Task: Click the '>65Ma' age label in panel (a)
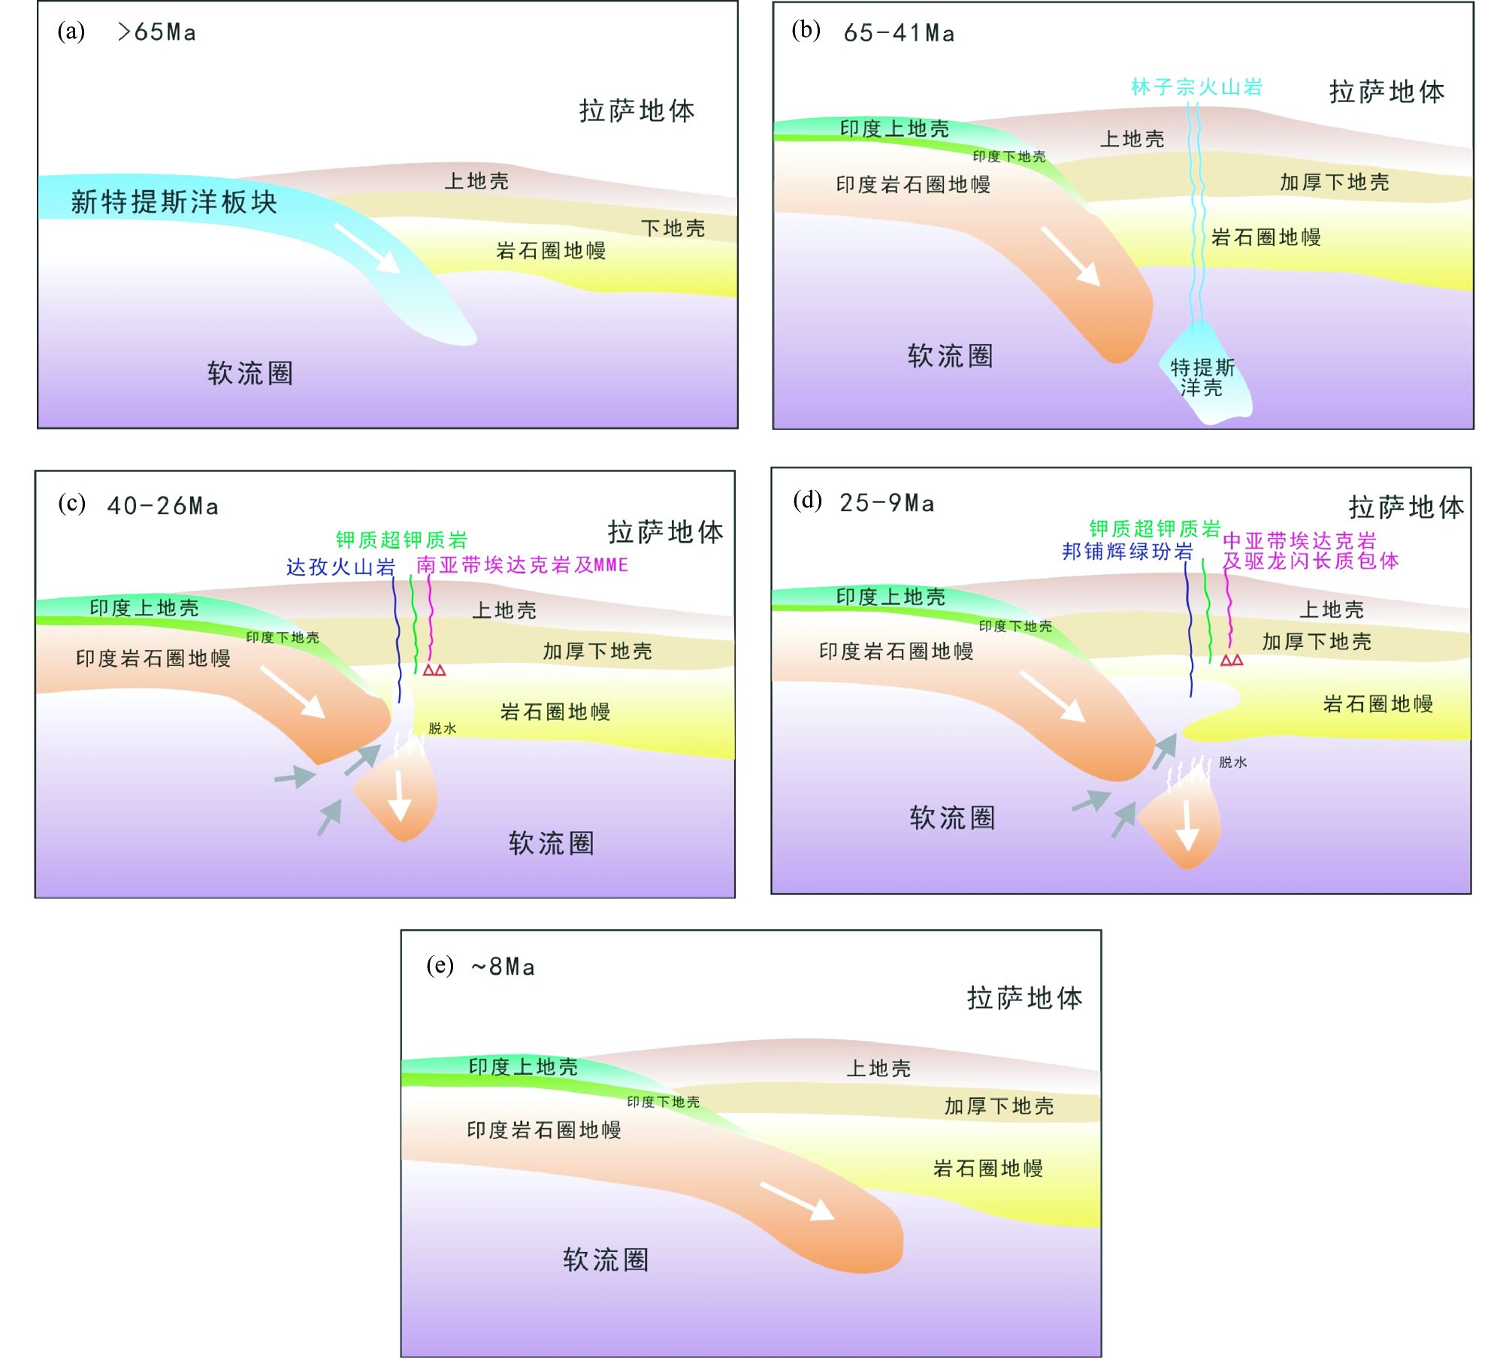[157, 32]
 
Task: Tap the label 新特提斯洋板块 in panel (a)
[174, 202]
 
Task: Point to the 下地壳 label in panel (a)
[673, 228]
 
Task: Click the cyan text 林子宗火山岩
[1196, 87]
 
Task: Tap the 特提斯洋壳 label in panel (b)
[1202, 377]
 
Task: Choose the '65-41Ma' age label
[899, 33]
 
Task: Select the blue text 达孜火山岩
[340, 567]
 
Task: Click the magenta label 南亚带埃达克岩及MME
[522, 565]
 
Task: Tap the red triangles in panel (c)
[434, 670]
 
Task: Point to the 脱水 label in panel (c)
[442, 728]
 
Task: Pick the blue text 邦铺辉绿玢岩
[1127, 552]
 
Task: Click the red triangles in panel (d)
[1232, 660]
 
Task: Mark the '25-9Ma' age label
[887, 503]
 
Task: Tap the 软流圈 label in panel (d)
[952, 818]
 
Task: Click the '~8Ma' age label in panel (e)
[503, 966]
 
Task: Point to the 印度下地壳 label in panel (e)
[663, 1102]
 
